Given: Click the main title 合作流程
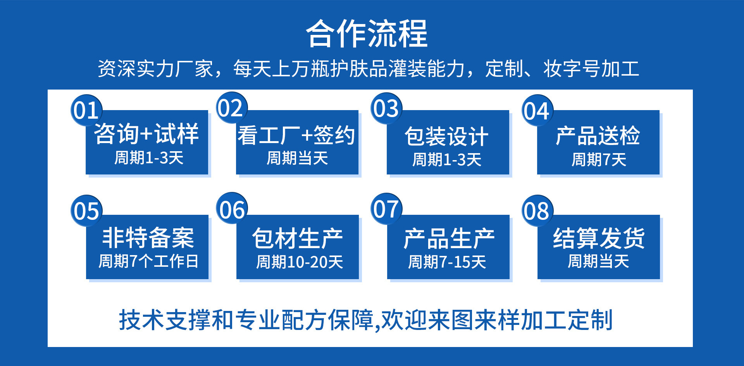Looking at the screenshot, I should [367, 34].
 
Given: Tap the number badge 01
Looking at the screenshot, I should [86, 110].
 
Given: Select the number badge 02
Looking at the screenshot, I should [231, 108].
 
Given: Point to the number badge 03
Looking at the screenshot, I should [386, 109].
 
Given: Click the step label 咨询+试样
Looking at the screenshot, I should [146, 134].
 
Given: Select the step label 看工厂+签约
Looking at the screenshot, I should [296, 136].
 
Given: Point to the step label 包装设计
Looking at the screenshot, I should [446, 137].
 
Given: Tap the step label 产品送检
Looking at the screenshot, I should [598, 136].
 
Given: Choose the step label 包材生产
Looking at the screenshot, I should [297, 238].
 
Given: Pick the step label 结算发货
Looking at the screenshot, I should [599, 238].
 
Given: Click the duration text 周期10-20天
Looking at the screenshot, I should [300, 262].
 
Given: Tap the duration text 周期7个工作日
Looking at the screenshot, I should [148, 261].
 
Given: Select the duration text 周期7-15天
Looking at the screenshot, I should [447, 262].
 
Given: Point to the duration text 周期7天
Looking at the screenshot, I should [599, 159].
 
